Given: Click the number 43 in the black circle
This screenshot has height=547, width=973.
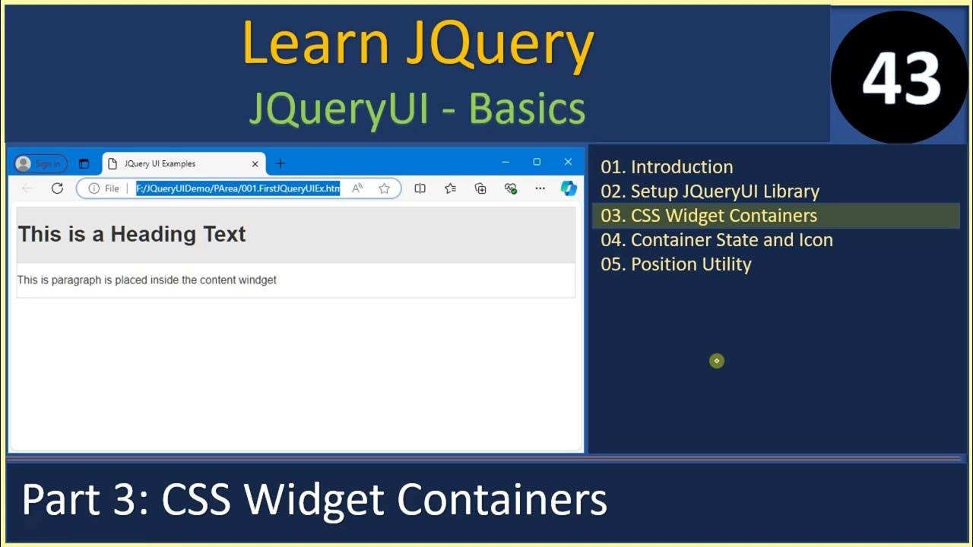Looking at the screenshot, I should point(902,77).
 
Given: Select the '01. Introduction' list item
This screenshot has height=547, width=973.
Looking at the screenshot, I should point(667,167).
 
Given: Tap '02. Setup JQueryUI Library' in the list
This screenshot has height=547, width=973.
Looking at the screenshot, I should point(710,191).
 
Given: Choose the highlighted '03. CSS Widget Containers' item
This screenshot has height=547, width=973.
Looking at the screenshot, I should point(708,216).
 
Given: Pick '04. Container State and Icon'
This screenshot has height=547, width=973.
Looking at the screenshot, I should point(717,240).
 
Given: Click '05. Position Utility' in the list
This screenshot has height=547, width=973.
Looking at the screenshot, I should point(676,264).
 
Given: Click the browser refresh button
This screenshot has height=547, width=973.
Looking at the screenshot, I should point(57,188).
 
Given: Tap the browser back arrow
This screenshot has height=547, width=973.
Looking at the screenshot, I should point(27,188).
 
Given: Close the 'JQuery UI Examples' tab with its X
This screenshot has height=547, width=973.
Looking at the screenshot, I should point(255,163).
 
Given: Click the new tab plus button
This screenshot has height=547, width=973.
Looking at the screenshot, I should point(280,163).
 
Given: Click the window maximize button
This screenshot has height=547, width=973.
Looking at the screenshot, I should point(537,162).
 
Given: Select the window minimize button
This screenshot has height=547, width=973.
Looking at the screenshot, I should point(506,162).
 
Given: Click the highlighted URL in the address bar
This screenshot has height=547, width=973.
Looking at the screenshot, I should point(238,188).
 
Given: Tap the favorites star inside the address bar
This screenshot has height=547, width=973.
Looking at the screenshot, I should point(385,188).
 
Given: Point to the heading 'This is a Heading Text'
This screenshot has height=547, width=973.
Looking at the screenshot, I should point(132,234).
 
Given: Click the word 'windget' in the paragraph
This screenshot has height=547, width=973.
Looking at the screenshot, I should point(258,280).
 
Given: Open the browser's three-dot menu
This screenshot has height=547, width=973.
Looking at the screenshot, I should point(540,188).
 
